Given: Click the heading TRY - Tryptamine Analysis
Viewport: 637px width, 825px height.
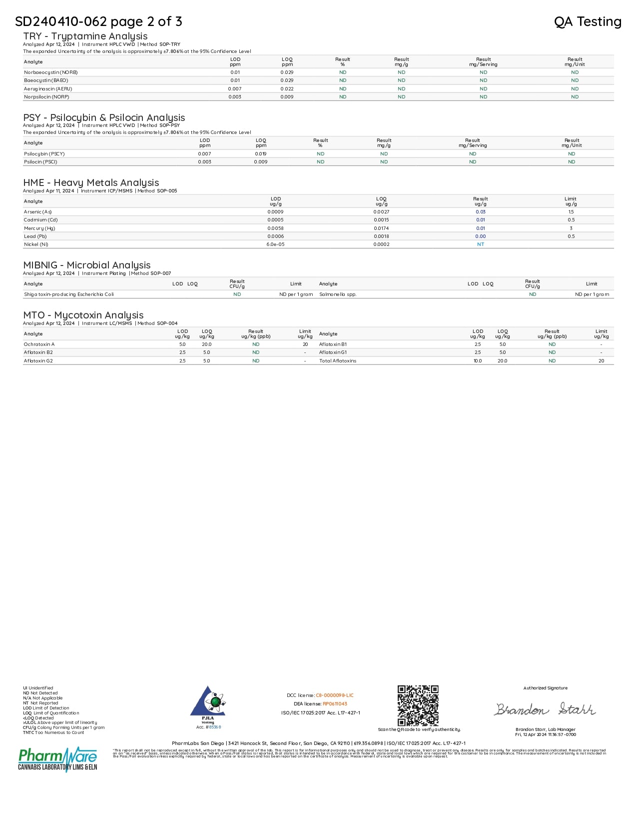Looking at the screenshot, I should [85, 36].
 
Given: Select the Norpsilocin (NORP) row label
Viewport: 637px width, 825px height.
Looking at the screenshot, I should [46, 97].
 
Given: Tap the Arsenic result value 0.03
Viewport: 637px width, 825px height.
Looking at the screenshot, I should [481, 212].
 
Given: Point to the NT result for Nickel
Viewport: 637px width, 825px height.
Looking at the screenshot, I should [481, 244].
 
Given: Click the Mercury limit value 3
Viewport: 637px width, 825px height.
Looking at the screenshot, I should [571, 228].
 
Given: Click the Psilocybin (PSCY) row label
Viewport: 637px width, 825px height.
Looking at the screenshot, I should [44, 154].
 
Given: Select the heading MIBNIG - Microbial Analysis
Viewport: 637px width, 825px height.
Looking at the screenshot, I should [87, 265].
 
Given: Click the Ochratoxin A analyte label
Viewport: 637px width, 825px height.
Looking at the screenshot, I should [39, 344].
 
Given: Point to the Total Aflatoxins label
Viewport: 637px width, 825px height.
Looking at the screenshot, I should [338, 361].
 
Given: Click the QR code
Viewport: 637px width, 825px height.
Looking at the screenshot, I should [418, 705].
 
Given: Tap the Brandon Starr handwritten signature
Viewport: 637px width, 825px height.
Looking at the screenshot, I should [545, 709].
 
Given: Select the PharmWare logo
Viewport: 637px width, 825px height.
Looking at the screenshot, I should [57, 759].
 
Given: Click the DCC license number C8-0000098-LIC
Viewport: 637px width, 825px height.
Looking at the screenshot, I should [335, 695].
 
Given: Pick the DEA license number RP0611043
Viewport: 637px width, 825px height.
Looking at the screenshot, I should [335, 704].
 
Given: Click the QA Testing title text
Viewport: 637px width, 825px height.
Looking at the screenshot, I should [588, 21].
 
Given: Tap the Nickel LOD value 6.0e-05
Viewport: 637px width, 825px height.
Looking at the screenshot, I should [275, 244].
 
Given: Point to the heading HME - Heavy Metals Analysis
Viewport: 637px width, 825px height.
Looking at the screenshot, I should [91, 182].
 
